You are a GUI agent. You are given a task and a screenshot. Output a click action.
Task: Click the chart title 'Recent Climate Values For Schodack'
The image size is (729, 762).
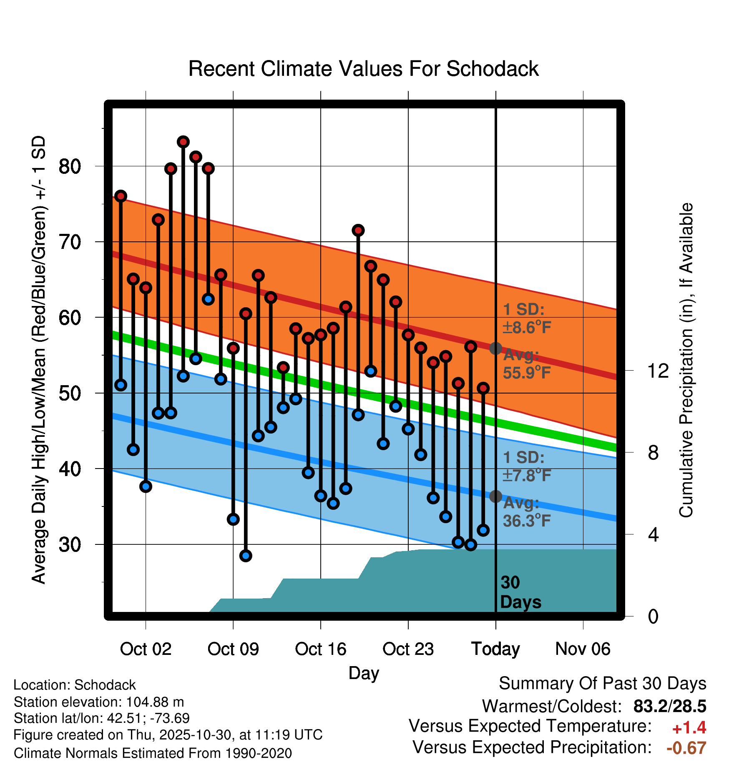pyautogui.click(x=363, y=69)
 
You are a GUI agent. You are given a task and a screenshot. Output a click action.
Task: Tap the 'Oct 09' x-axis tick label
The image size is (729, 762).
pyautogui.click(x=233, y=649)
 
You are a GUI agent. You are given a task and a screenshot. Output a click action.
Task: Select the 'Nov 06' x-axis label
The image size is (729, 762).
pyautogui.click(x=583, y=649)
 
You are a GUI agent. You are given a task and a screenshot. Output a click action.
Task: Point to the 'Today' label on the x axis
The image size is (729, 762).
pyautogui.click(x=495, y=649)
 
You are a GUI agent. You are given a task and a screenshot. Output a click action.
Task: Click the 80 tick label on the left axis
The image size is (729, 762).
pyautogui.click(x=70, y=166)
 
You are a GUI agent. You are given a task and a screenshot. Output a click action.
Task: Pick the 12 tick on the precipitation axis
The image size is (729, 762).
pyautogui.click(x=658, y=371)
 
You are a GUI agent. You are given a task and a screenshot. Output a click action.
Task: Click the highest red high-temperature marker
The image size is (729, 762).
pyautogui.click(x=183, y=142)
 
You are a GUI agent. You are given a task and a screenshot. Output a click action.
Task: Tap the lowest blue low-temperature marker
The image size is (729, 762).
pyautogui.click(x=246, y=555)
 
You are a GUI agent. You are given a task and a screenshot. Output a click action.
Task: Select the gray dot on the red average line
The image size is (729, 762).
pyautogui.click(x=495, y=348)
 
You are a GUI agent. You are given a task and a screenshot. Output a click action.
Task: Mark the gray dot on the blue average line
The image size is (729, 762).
pyautogui.click(x=495, y=496)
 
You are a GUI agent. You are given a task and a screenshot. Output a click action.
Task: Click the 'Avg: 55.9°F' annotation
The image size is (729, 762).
pyautogui.click(x=526, y=364)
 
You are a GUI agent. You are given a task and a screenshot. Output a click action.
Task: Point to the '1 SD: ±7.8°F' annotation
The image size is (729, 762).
pyautogui.click(x=526, y=466)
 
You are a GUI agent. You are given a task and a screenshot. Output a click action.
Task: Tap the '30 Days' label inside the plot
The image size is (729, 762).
pyautogui.click(x=520, y=592)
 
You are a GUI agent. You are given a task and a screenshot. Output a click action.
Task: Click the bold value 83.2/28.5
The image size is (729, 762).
pyautogui.click(x=669, y=706)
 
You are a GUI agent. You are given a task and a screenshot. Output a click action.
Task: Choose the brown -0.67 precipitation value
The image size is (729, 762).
pyautogui.click(x=686, y=748)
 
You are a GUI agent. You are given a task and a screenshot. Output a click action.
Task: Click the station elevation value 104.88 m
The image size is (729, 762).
pyautogui.click(x=155, y=702)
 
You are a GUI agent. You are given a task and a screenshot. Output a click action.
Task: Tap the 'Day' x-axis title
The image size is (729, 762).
pyautogui.click(x=364, y=673)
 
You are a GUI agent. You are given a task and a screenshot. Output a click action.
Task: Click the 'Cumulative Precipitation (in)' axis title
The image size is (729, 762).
pyautogui.click(x=686, y=361)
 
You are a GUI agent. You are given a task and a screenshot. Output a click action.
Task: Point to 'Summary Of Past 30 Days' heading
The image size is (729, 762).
pyautogui.click(x=602, y=684)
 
